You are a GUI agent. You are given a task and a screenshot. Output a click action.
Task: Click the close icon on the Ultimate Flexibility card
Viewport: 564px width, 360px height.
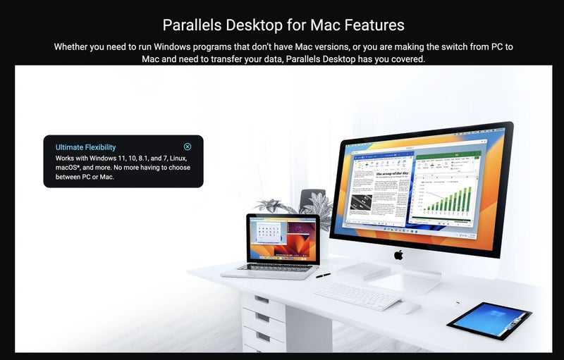(188, 147)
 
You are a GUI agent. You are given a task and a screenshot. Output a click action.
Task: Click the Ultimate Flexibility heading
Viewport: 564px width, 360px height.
(85, 147)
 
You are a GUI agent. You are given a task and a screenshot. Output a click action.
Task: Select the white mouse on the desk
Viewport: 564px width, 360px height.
(408, 308)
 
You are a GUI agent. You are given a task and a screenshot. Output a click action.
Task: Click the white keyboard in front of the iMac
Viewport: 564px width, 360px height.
(358, 294)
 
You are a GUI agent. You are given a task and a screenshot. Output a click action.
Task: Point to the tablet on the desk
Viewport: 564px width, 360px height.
(489, 320)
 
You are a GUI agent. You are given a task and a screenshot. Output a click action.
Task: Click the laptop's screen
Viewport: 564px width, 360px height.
(282, 237)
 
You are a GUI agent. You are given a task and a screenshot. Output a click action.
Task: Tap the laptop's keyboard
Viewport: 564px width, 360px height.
(275, 268)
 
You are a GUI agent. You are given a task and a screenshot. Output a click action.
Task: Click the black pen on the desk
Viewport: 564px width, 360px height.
(324, 275)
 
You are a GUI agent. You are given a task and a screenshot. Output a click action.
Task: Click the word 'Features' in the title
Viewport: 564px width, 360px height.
(375, 25)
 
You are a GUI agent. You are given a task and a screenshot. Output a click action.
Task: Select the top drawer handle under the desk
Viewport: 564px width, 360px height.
(262, 299)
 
